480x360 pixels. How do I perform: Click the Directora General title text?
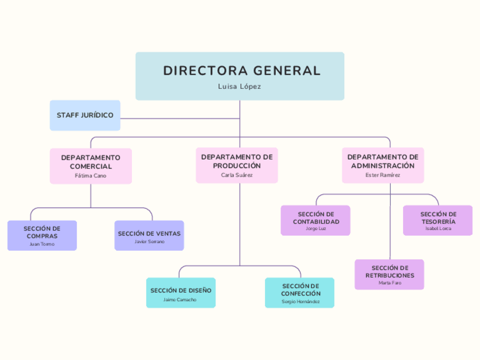pyautogui.click(x=242, y=71)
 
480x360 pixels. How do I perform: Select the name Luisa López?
pyautogui.click(x=240, y=87)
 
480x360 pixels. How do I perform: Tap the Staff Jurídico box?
pyautogui.click(x=85, y=115)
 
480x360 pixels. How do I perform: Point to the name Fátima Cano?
pyautogui.click(x=91, y=175)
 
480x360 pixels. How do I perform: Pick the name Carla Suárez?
pyautogui.click(x=237, y=175)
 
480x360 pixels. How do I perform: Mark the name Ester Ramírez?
pyautogui.click(x=383, y=175)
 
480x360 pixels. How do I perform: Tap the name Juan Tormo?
pyautogui.click(x=42, y=244)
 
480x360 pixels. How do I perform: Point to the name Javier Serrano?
pyautogui.click(x=149, y=242)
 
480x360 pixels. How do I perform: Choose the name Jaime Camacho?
pyautogui.click(x=180, y=299)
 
